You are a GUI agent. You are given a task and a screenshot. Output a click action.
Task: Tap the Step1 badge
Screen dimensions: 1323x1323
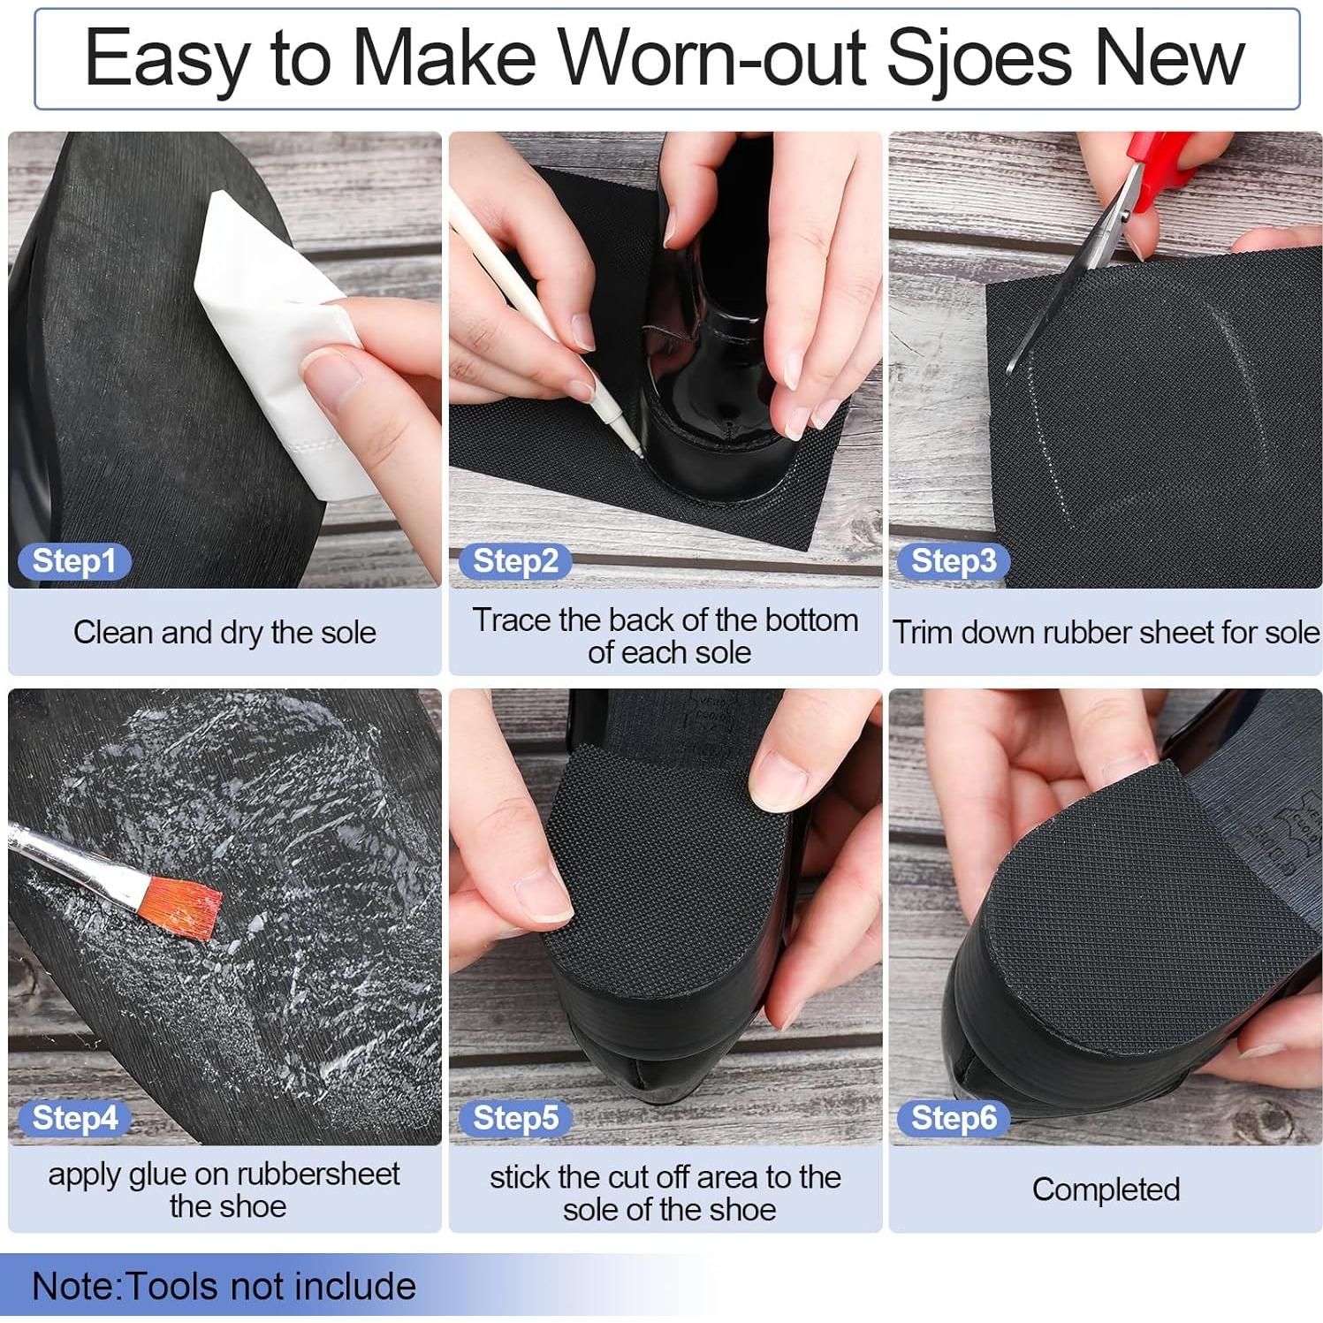click(x=73, y=561)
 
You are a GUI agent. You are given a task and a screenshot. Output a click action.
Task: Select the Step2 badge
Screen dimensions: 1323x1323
click(x=515, y=561)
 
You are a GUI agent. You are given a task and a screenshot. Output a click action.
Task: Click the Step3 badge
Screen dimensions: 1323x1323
click(x=953, y=561)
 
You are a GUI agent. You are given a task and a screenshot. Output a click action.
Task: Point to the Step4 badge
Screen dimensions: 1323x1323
click(x=74, y=1118)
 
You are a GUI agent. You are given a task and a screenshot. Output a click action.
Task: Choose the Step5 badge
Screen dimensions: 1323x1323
click(x=515, y=1118)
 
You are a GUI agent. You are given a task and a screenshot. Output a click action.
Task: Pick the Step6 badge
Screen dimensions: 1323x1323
click(x=953, y=1118)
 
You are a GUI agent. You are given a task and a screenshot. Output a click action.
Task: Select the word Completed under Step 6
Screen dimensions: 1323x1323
click(x=1105, y=1190)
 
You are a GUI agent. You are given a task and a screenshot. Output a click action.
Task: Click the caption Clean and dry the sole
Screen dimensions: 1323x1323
click(x=224, y=633)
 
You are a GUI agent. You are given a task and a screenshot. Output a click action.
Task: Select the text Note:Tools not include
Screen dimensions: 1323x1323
click(x=224, y=1287)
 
